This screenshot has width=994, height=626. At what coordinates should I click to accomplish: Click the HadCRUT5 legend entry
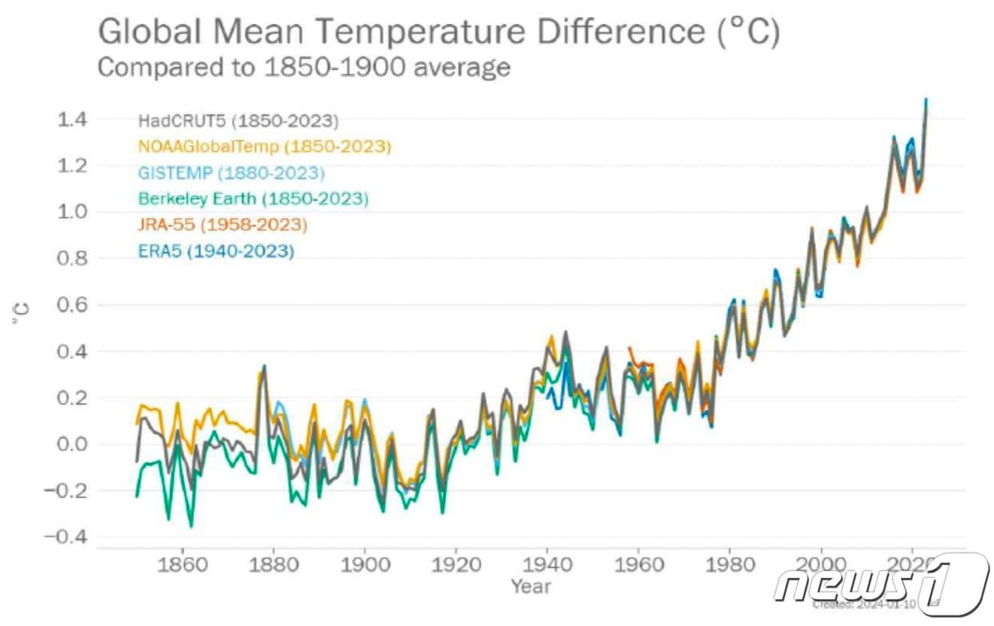tap(238, 120)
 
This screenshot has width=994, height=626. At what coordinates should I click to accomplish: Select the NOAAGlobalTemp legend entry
tap(265, 147)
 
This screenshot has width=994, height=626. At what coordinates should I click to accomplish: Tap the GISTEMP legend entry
tap(231, 173)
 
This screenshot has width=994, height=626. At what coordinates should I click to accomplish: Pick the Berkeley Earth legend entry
tap(253, 199)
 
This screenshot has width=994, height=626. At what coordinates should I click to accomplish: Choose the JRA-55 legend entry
tap(223, 225)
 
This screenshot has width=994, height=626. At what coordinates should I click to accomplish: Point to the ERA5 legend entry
tap(216, 251)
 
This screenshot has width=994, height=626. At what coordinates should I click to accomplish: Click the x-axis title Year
tap(531, 585)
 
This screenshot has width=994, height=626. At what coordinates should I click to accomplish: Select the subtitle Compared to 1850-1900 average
tap(305, 67)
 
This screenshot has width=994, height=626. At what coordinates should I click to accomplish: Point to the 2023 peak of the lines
tap(926, 100)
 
